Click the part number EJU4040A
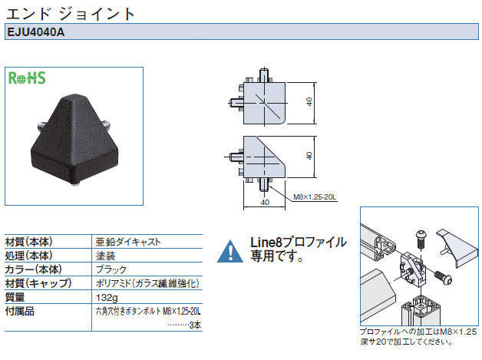click(x=35, y=32)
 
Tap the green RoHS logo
click(x=27, y=78)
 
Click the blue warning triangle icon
click(x=230, y=252)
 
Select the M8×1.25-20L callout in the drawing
click(x=315, y=197)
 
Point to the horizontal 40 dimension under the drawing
click(x=265, y=203)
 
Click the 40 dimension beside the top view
click(x=309, y=102)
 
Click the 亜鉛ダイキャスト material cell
click(x=128, y=242)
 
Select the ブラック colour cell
click(x=111, y=269)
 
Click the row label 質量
click(x=15, y=297)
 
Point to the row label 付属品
click(x=20, y=311)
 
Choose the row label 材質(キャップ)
click(x=38, y=283)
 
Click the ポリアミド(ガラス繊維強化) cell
click(x=147, y=283)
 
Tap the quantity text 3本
click(x=195, y=325)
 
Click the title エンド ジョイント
click(x=71, y=14)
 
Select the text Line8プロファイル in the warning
click(x=299, y=243)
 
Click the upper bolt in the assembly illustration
click(x=421, y=239)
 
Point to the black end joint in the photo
click(x=73, y=138)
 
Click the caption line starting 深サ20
click(x=406, y=342)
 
